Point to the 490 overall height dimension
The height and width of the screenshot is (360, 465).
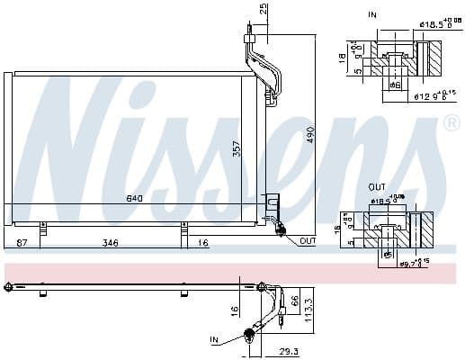pos(310,134)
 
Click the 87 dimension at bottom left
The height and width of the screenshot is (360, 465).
pos(22,244)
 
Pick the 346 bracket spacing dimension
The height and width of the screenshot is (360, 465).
pos(109,244)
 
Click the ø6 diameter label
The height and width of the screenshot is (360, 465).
pos(393,84)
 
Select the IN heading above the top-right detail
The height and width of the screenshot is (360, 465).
pos(373,14)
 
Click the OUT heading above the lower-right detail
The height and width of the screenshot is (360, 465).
pos(377,187)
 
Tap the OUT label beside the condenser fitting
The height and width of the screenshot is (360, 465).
pos(308,241)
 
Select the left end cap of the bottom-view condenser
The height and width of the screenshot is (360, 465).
pos(9,288)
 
